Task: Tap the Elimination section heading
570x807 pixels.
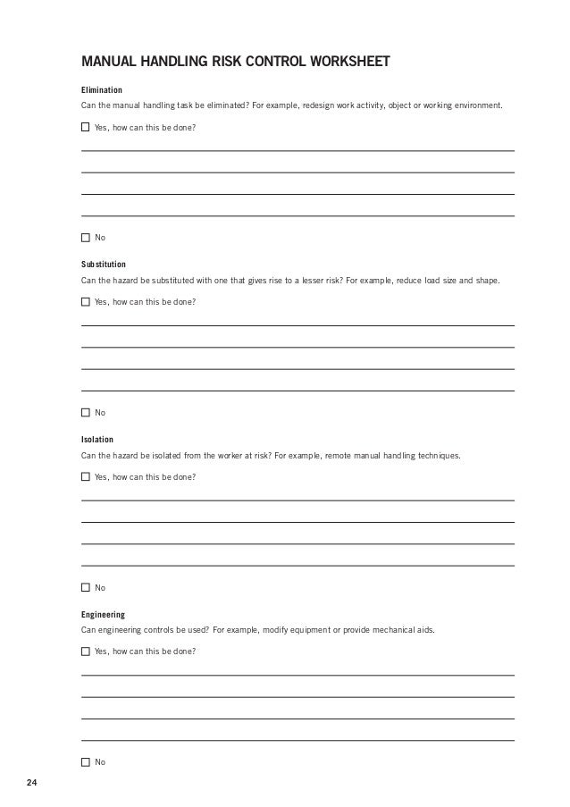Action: tap(102, 90)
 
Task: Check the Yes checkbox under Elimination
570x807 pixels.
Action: tap(86, 127)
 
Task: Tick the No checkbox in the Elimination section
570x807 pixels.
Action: tap(86, 238)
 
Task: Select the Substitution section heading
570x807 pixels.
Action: tap(104, 265)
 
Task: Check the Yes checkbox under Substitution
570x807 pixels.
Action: tap(86, 302)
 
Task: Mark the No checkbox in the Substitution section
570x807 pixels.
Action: tap(86, 413)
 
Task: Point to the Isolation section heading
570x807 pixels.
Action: tap(97, 440)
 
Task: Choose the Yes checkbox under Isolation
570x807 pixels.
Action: tap(86, 477)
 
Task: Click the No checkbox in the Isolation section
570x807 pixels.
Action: tap(86, 588)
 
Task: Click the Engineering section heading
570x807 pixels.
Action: tap(103, 615)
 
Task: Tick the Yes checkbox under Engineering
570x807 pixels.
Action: tap(86, 651)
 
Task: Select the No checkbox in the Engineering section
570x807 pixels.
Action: tap(86, 762)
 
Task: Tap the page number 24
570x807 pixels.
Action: tap(32, 784)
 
